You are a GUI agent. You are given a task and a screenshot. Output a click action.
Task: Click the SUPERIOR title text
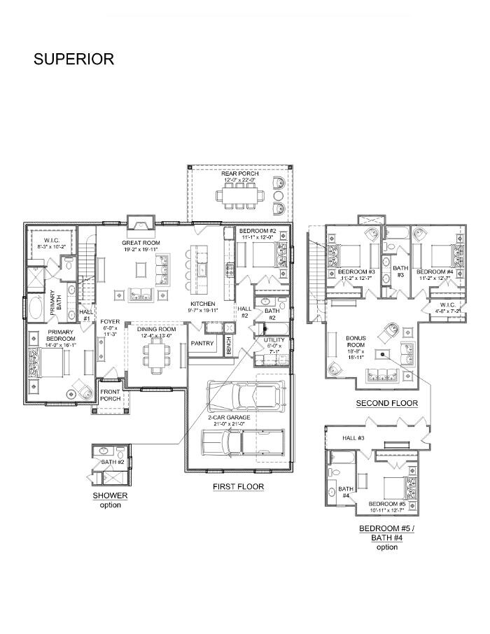tap(73, 59)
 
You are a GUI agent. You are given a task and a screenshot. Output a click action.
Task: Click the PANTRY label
tap(202, 344)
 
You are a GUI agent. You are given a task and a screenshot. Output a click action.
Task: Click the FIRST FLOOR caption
tap(238, 486)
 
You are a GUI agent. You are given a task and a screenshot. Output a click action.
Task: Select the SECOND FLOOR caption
tap(386, 404)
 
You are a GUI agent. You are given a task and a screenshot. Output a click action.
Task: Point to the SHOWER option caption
tap(110, 500)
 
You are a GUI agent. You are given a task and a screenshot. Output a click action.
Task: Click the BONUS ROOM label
tap(356, 342)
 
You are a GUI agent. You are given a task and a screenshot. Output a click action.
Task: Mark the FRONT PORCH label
tap(111, 395)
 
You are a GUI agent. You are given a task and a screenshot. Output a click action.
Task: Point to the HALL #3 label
tap(353, 438)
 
